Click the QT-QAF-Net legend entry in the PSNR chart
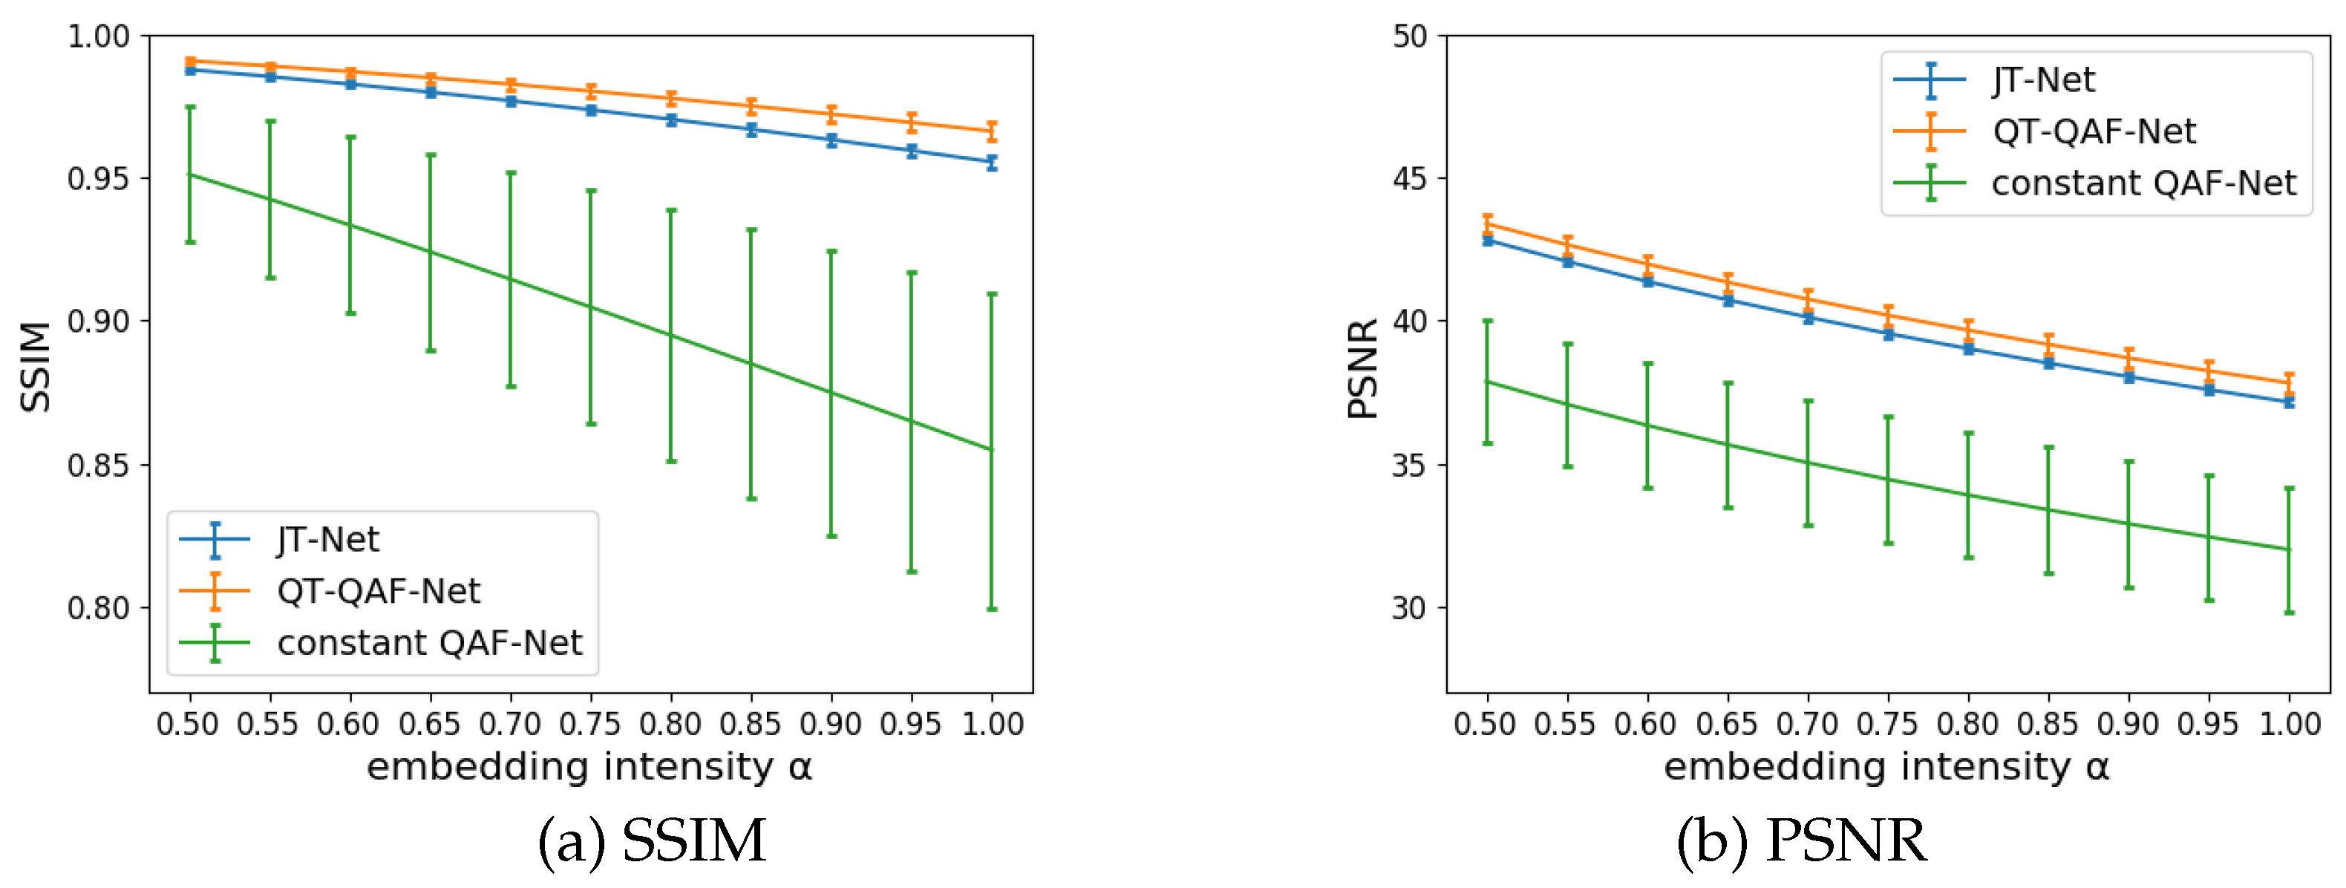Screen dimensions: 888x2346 2093,132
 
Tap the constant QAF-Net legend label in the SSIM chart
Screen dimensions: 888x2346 429,643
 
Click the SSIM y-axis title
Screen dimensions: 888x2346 36,366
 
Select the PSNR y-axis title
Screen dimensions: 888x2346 1362,368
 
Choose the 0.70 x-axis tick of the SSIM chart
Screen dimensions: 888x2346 510,724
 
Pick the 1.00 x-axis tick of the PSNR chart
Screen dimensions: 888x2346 2290,724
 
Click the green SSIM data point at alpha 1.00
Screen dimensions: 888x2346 992,450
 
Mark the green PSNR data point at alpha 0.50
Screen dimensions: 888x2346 1487,382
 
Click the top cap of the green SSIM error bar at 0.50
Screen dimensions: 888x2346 190,108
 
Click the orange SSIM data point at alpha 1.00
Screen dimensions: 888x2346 992,132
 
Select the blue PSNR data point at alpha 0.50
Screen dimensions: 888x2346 1487,241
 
